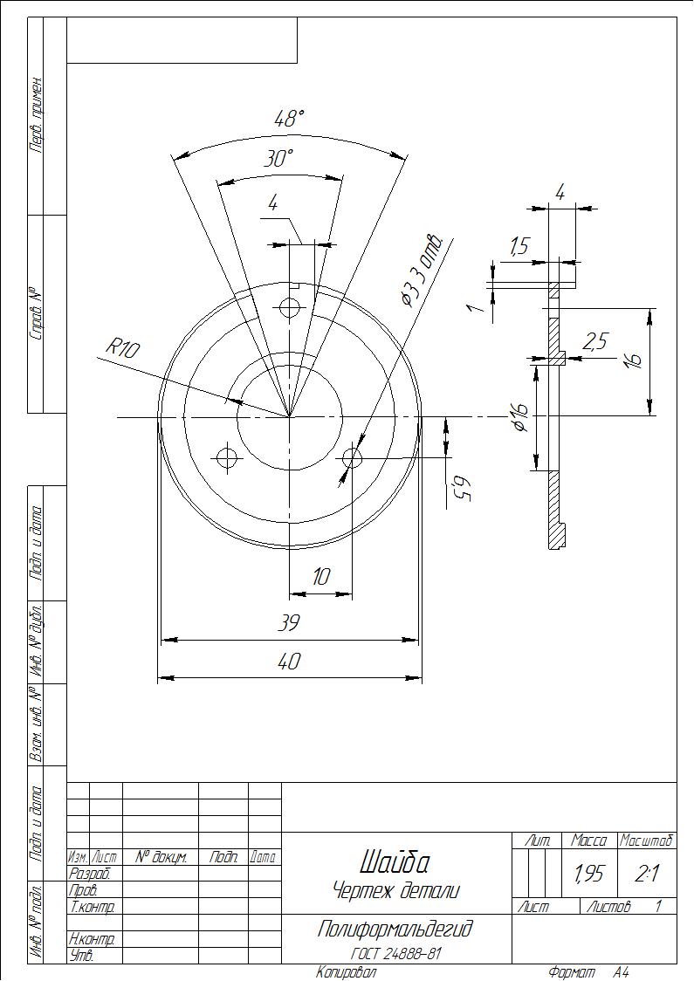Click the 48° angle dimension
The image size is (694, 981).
(x=289, y=119)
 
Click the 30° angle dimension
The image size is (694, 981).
(x=278, y=159)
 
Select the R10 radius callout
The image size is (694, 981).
(x=123, y=348)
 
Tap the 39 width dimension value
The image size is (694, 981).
(x=288, y=623)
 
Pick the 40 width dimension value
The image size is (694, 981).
(x=288, y=661)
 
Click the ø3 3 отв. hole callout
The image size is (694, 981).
(x=424, y=271)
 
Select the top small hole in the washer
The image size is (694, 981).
(x=290, y=308)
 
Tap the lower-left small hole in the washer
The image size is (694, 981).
(x=227, y=458)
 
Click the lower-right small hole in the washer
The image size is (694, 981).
(x=353, y=458)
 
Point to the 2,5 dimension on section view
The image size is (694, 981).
(x=594, y=341)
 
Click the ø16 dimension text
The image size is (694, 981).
(x=520, y=417)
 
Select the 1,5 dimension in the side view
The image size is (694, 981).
(x=519, y=248)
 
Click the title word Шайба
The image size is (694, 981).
(x=395, y=863)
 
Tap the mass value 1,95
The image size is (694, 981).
(x=588, y=874)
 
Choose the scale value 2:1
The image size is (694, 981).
(x=646, y=874)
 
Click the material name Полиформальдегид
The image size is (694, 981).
(x=395, y=930)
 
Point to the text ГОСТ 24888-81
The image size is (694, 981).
(x=395, y=954)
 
